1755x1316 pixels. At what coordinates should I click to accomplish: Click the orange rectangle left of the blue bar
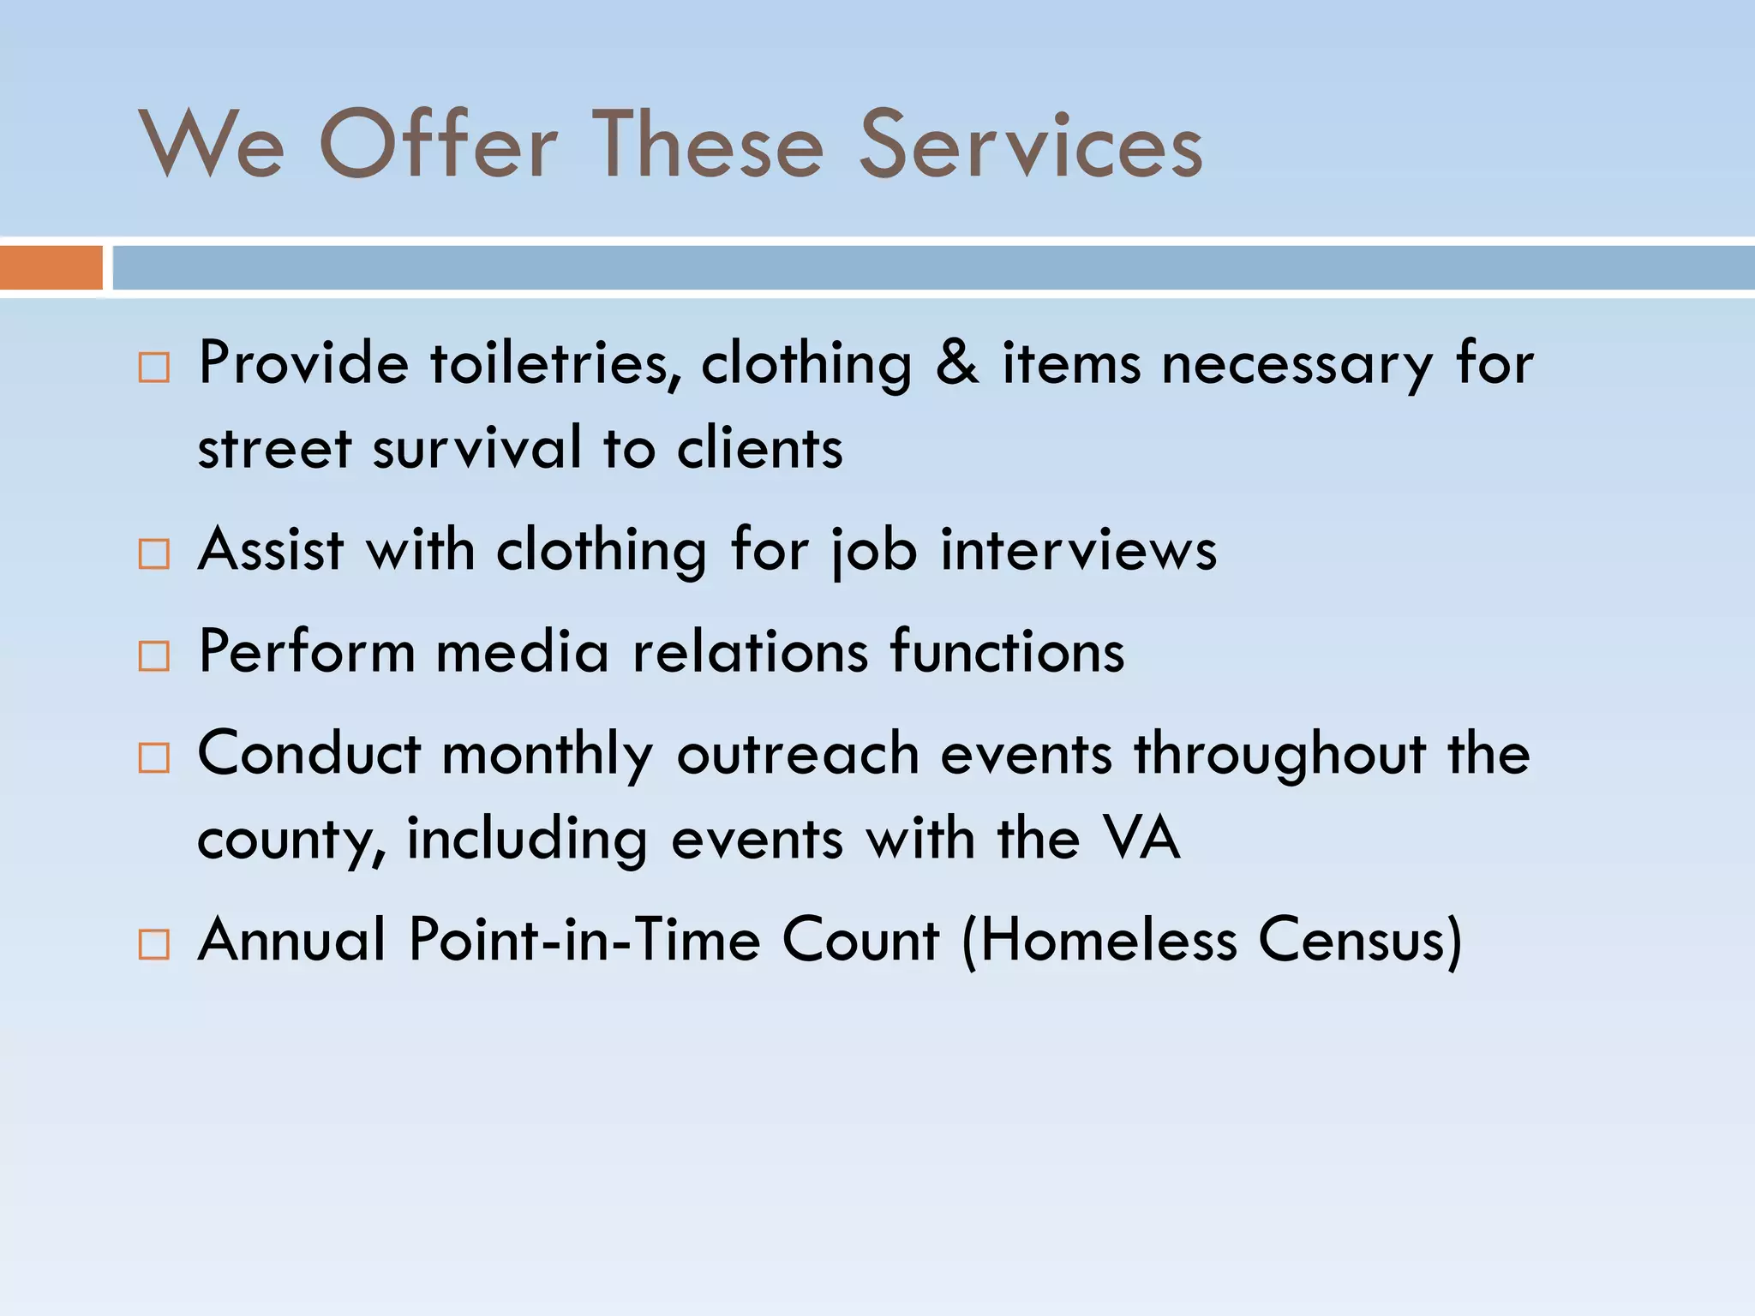(x=51, y=267)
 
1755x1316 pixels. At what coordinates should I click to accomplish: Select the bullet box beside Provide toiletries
(x=154, y=368)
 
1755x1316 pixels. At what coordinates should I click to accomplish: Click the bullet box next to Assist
(x=154, y=554)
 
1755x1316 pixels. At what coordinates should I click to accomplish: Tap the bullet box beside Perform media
(x=154, y=656)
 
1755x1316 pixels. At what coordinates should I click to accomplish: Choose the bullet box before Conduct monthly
(x=154, y=757)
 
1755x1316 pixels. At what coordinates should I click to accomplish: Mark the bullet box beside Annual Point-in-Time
(x=154, y=944)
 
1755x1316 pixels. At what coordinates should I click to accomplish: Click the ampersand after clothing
(x=956, y=363)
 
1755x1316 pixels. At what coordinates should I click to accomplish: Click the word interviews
(x=1078, y=549)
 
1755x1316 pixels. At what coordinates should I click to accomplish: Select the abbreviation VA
(x=1141, y=837)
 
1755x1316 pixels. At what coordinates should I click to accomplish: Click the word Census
(x=1358, y=940)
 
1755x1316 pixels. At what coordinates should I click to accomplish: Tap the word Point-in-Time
(x=584, y=940)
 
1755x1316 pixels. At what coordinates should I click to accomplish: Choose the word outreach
(x=798, y=754)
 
